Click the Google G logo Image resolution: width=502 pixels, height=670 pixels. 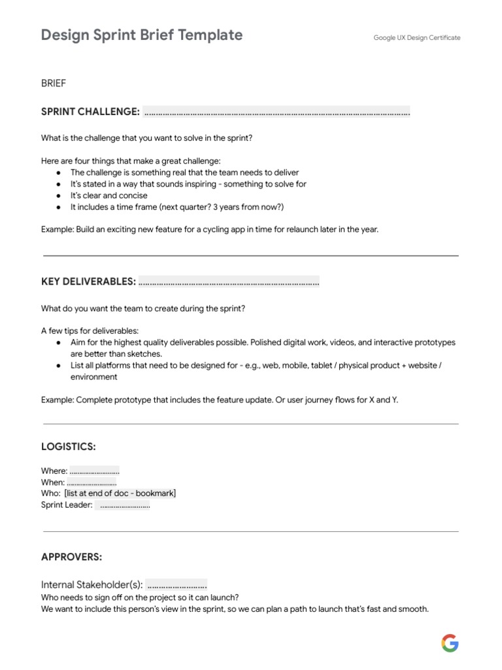450,643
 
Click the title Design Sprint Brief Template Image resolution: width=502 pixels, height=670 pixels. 142,35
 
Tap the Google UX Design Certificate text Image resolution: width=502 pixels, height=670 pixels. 416,38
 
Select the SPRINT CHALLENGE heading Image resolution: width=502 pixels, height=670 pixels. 90,112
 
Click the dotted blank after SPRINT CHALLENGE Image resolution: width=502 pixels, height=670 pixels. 276,112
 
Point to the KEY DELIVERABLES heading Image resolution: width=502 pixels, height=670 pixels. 88,281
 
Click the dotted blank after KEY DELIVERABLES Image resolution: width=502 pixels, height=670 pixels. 229,281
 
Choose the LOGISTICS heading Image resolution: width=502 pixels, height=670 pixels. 68,446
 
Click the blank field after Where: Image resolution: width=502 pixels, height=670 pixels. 94,471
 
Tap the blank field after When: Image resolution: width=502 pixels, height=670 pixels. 92,482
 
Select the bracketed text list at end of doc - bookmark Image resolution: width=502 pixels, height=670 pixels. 120,493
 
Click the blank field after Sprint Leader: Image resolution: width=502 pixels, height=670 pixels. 123,505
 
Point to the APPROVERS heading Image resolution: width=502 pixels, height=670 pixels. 71,557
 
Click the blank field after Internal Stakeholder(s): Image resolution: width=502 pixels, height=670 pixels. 176,584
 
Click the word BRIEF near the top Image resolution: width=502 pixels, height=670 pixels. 54,84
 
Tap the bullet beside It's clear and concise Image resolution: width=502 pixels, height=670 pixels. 59,196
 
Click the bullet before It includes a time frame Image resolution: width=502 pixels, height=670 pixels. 59,207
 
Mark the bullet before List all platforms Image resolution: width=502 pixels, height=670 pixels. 59,365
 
